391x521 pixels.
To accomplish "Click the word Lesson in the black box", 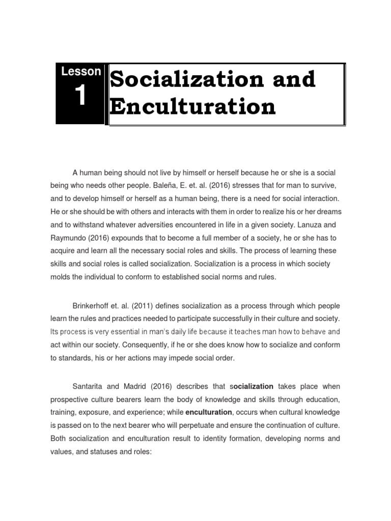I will click(x=81, y=72).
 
